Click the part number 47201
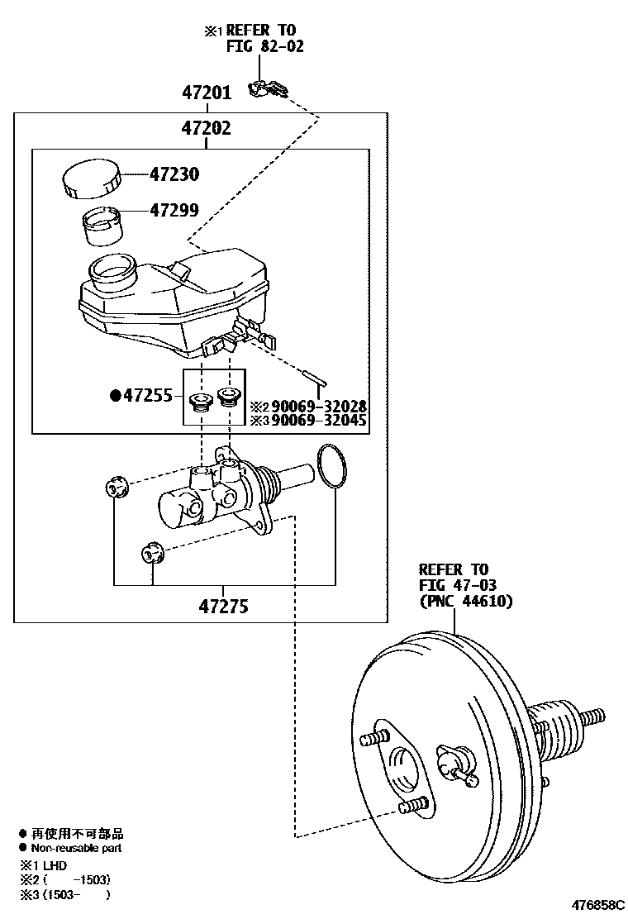(x=207, y=93)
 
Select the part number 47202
(x=207, y=128)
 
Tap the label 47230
(x=174, y=175)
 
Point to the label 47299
(x=174, y=211)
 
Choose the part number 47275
(x=223, y=607)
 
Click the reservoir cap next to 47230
(x=91, y=179)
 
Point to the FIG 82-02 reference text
(x=264, y=46)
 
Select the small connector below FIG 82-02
(x=267, y=88)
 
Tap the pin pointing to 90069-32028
(x=319, y=379)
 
